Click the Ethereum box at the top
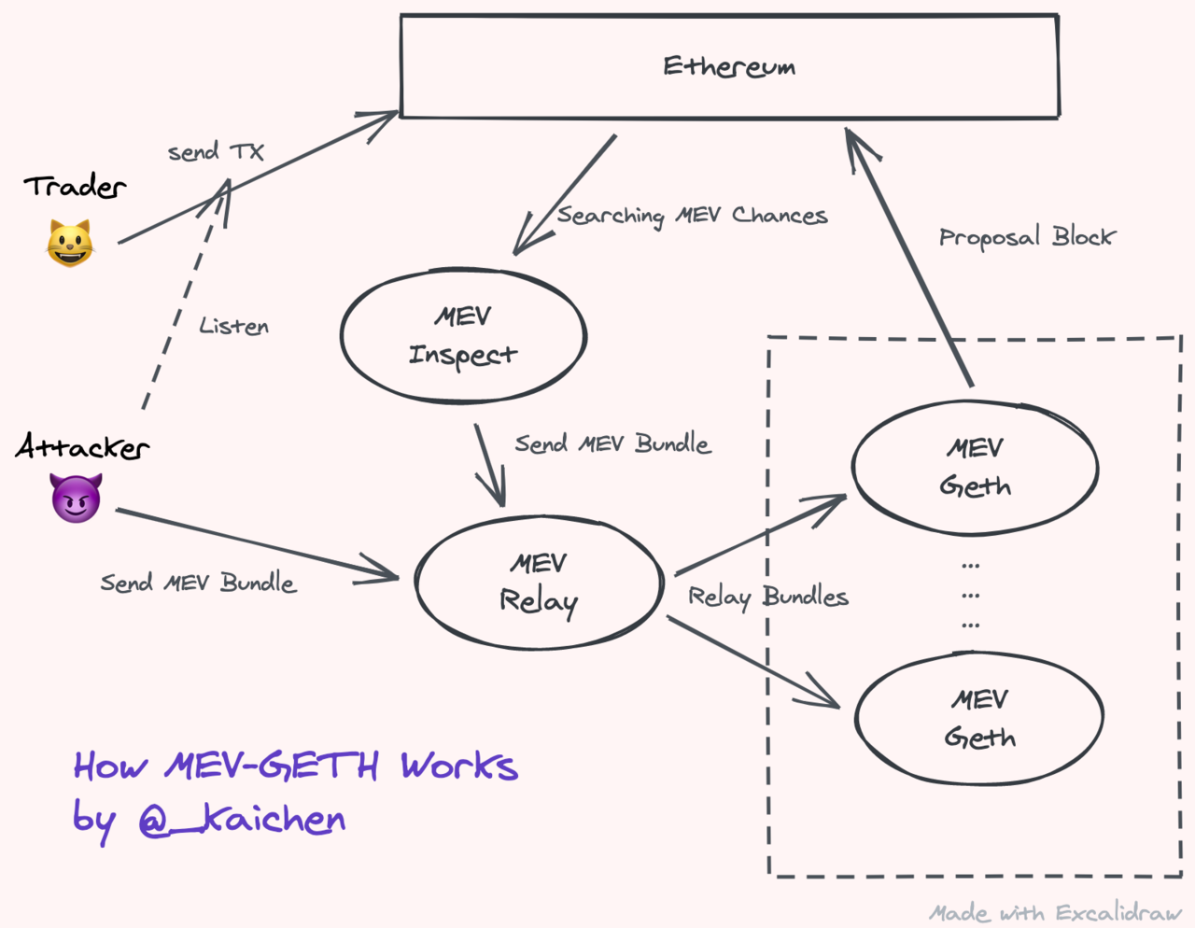[x=729, y=66]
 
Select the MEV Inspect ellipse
[x=463, y=336]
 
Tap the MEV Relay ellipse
[x=539, y=583]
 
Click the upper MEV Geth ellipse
[x=975, y=467]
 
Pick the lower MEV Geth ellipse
[x=979, y=718]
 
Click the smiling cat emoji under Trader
[x=70, y=244]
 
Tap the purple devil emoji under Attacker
[x=76, y=497]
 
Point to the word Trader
[x=75, y=187]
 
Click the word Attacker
[x=82, y=447]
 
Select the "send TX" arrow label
[x=216, y=151]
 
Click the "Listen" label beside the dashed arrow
[x=233, y=327]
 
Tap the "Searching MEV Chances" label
[x=692, y=216]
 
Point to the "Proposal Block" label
[x=1026, y=237]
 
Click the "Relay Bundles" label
[x=767, y=597]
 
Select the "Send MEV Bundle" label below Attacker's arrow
[x=198, y=584]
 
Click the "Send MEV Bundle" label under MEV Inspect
[x=612, y=443]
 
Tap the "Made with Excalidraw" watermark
[x=1055, y=912]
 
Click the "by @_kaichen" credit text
[x=210, y=821]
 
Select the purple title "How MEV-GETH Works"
[x=295, y=766]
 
